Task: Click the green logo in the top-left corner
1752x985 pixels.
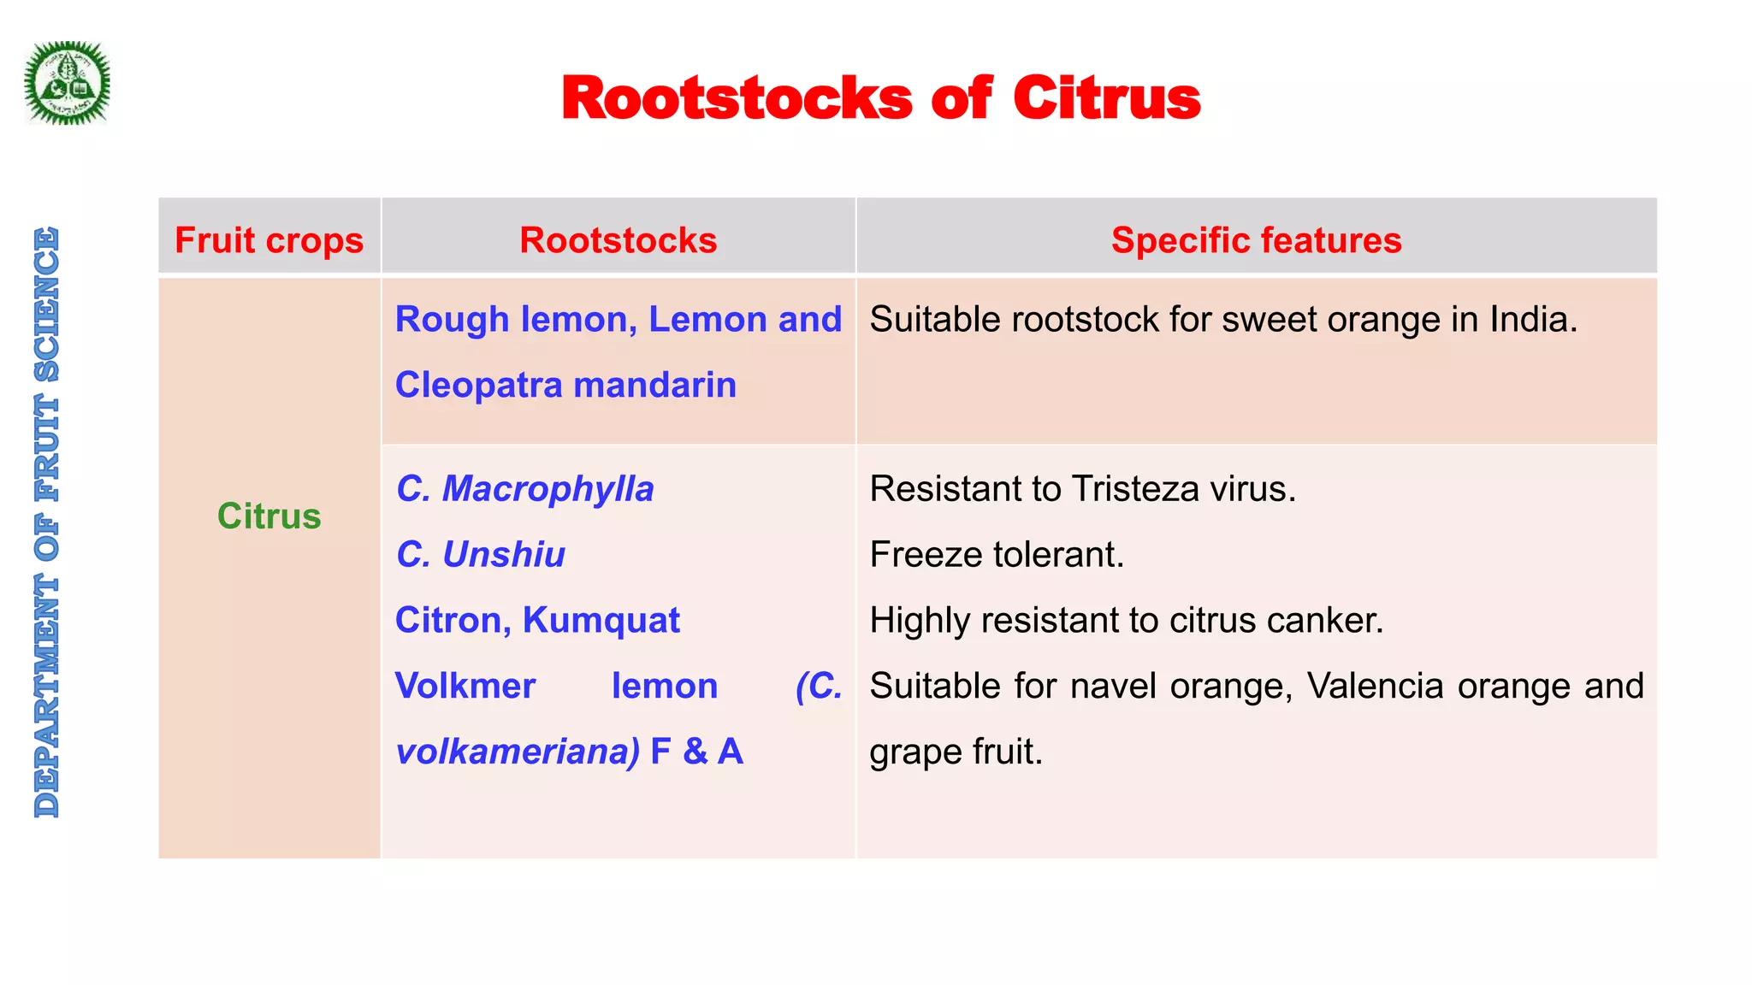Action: coord(68,84)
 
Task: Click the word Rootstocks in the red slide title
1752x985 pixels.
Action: coord(737,98)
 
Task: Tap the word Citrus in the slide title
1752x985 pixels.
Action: coord(1107,98)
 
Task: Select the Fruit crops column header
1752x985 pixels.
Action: coord(269,240)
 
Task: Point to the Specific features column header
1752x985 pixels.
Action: coord(1256,240)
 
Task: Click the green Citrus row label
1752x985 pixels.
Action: coord(269,516)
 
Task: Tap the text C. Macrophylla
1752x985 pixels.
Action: coord(524,489)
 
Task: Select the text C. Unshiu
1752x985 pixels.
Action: coord(481,555)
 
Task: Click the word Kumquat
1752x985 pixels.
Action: coord(601,620)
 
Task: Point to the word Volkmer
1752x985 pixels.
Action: coord(465,686)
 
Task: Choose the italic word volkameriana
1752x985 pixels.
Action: coord(517,752)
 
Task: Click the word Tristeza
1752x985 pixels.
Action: coord(1127,489)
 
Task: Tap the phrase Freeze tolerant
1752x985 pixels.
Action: coord(997,555)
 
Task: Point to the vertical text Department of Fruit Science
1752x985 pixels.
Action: coord(47,522)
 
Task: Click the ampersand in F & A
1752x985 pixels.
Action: coord(695,752)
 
